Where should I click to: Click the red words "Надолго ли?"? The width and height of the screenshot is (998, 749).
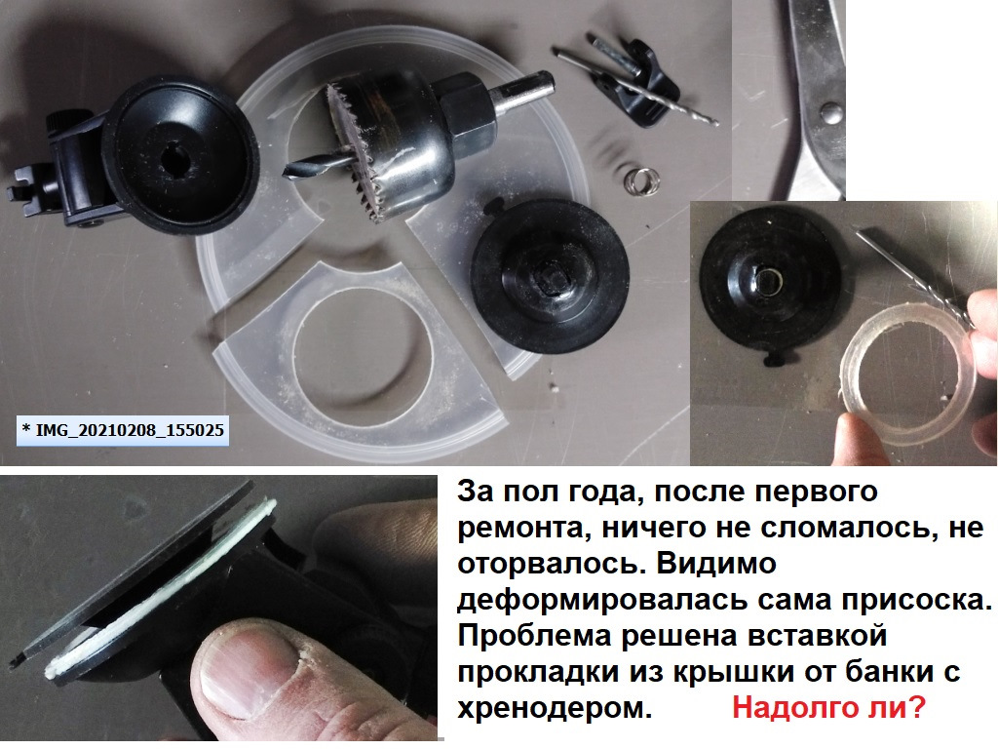coord(827,709)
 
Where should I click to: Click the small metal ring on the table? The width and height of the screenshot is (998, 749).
coord(637,178)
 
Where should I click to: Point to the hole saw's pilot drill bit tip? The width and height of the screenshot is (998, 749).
coord(289,173)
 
